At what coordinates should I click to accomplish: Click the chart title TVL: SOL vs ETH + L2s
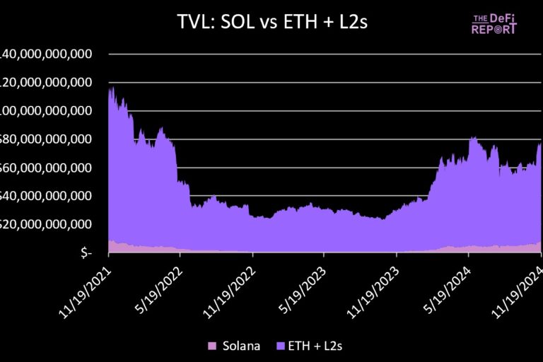point(272,23)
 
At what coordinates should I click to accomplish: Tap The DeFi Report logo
point(494,24)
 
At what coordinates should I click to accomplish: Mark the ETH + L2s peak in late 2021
point(112,88)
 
